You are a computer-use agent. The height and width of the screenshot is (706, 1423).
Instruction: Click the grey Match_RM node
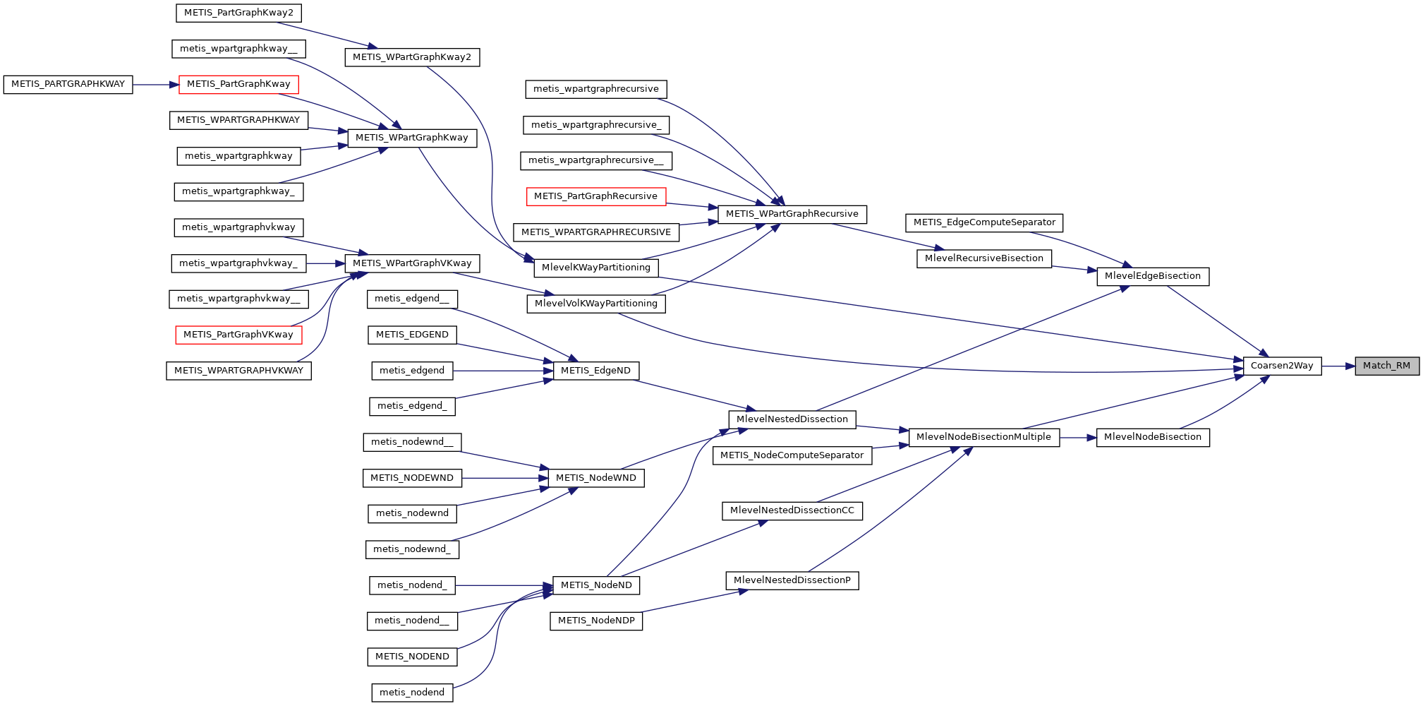coord(1386,366)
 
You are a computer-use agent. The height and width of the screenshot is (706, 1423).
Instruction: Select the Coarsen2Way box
coord(1281,366)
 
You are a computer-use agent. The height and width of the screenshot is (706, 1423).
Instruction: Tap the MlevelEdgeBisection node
coord(1152,276)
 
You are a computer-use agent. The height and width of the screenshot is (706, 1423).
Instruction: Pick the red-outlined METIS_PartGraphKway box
coord(238,84)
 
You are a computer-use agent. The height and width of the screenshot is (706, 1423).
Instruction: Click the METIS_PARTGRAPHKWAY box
coord(68,84)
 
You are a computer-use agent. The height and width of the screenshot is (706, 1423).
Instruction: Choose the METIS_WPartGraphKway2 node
coord(412,57)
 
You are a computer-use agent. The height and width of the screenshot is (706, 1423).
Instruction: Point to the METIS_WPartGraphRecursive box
coord(792,214)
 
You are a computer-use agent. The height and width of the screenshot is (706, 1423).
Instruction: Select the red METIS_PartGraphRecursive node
coord(595,196)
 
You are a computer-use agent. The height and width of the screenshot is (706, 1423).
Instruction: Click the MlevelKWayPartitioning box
coord(596,268)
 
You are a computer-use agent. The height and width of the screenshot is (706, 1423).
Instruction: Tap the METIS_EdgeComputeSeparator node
coord(983,222)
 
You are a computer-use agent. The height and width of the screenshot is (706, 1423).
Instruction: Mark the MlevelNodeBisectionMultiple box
coord(983,437)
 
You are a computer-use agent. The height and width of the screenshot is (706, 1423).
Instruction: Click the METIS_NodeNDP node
coord(596,621)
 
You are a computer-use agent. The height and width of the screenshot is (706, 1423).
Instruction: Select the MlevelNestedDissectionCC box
coord(792,510)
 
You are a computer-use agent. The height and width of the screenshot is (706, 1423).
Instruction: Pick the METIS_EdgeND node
coord(596,371)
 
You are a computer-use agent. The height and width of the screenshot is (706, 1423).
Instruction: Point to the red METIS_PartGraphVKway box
coord(238,335)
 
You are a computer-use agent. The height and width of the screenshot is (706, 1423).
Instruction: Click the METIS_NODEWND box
coord(412,478)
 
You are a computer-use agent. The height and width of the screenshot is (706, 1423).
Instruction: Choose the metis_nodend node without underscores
coord(412,693)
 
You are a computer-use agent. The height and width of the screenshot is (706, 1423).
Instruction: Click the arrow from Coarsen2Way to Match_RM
coord(1338,366)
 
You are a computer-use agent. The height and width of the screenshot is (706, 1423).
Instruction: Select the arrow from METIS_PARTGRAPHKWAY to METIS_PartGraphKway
coord(155,85)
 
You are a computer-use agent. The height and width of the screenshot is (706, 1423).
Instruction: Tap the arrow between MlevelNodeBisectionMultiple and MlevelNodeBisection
coord(1077,438)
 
